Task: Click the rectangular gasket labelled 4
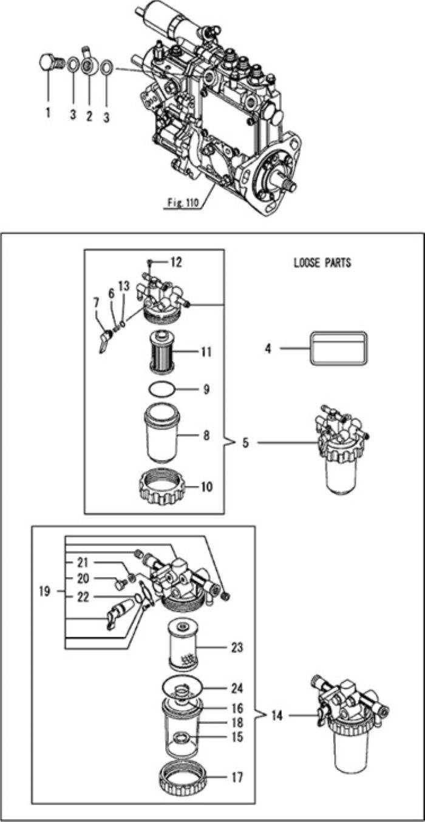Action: [339, 348]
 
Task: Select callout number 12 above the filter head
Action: [175, 262]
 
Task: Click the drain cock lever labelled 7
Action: [100, 343]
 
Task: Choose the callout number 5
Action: [245, 443]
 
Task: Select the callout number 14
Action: [277, 716]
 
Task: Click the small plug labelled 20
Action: [120, 584]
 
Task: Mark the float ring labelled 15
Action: [180, 738]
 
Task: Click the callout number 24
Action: [237, 689]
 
